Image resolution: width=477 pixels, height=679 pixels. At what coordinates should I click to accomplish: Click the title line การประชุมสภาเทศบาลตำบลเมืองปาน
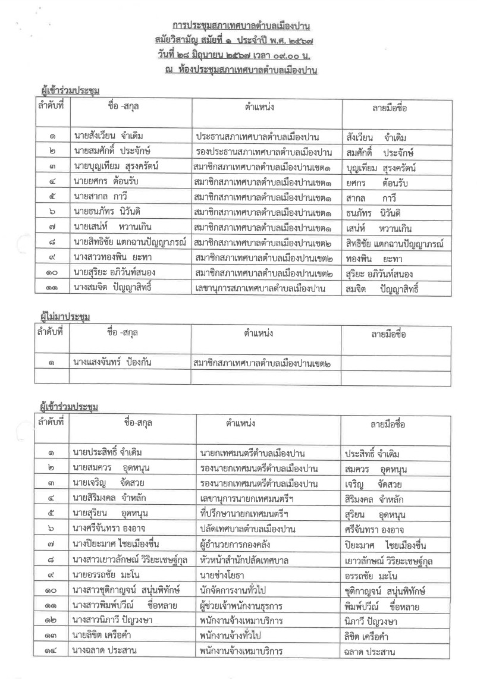[x=241, y=27]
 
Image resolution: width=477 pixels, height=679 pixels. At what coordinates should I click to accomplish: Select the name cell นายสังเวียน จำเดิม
[x=109, y=137]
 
